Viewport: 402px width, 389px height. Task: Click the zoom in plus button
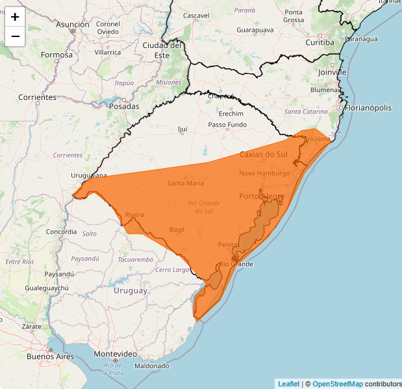point(15,17)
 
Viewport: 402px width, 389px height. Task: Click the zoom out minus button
point(15,36)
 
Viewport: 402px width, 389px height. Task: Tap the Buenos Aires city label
point(49,356)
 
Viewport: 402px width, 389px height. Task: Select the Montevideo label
point(115,353)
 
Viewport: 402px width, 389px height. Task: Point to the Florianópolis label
point(368,108)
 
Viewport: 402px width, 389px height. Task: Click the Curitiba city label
point(320,42)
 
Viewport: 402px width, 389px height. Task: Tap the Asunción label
point(73,24)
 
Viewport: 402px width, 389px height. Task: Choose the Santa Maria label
point(186,183)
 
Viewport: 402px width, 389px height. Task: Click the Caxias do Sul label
point(263,155)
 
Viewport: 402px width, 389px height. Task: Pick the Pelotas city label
point(229,244)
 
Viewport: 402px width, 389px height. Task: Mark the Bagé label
point(177,229)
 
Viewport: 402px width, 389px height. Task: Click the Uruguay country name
point(131,290)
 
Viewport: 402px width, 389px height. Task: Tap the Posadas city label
point(124,106)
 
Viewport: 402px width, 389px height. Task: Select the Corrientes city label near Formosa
point(38,97)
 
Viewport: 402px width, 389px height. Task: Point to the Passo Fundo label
point(227,124)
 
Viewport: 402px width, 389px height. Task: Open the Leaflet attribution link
point(288,384)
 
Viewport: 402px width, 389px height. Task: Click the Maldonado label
point(151,366)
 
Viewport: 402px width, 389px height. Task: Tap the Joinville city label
point(333,72)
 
